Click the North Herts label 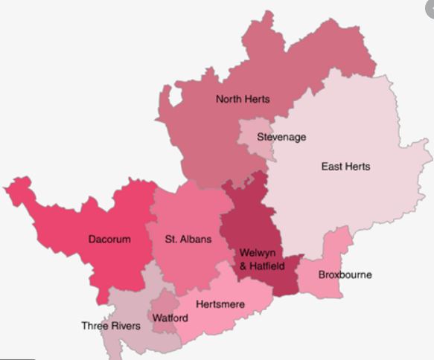coord(243,99)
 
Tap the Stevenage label coord(281,137)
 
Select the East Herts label coord(345,166)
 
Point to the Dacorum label coord(109,240)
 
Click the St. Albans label coord(188,240)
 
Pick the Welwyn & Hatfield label coord(261,259)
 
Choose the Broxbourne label coord(345,274)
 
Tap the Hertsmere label coord(220,304)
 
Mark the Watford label coord(170,318)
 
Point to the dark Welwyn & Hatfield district coord(249,216)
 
